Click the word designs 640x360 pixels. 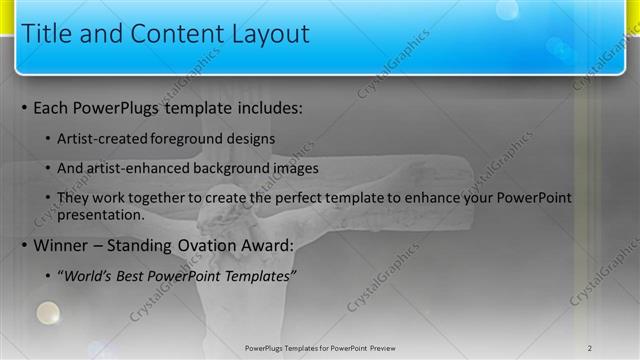[x=250, y=138]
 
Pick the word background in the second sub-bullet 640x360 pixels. [x=229, y=168]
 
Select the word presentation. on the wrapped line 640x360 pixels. [x=101, y=214]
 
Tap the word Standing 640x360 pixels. [x=150, y=245]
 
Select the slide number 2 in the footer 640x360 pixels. [x=590, y=348]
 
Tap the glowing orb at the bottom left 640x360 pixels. [x=47, y=314]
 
